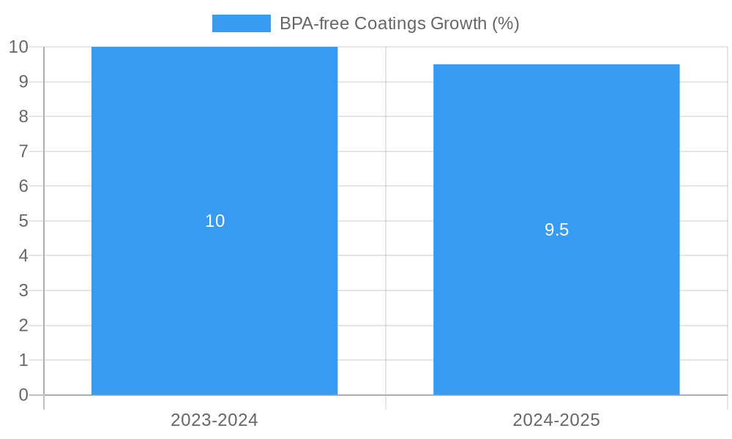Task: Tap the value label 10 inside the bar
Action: [x=214, y=221]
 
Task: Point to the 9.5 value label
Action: [x=556, y=230]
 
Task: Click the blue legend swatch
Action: [x=241, y=23]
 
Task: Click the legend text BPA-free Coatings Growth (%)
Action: [x=399, y=23]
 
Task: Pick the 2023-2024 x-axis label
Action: [x=214, y=420]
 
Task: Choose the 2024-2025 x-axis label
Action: [x=556, y=420]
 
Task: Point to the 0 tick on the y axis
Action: [x=23, y=395]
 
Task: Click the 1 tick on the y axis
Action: [x=23, y=360]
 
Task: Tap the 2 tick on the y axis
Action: [x=23, y=326]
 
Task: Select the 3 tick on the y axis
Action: [x=23, y=290]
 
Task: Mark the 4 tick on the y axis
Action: [x=23, y=256]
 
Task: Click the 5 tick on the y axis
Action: [x=23, y=221]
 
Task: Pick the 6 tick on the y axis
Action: [x=23, y=186]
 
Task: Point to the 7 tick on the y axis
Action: [x=23, y=151]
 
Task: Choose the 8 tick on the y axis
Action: [x=23, y=116]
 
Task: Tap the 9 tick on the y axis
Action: [x=23, y=82]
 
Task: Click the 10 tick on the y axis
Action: [x=18, y=47]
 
